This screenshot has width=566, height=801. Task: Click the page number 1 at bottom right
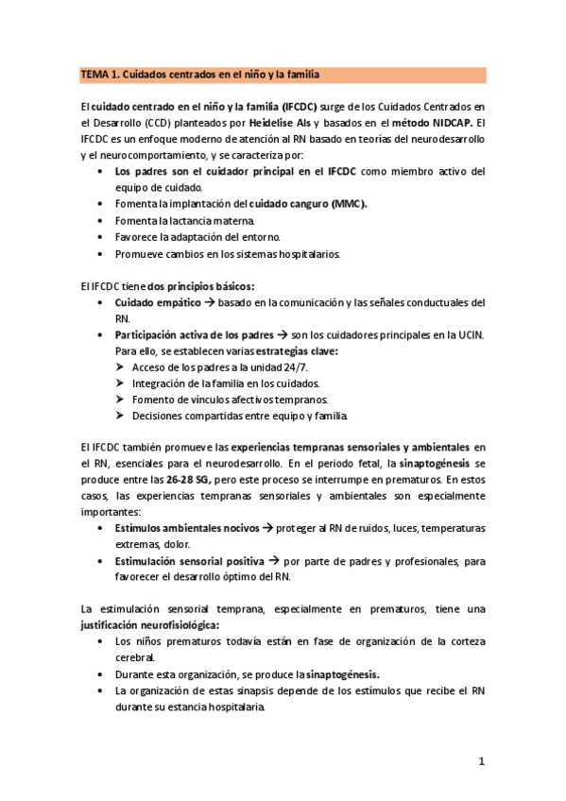[x=481, y=760]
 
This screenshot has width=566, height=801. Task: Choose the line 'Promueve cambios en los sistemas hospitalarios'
[x=229, y=253]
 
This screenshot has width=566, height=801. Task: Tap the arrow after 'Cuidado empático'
[x=210, y=302]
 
